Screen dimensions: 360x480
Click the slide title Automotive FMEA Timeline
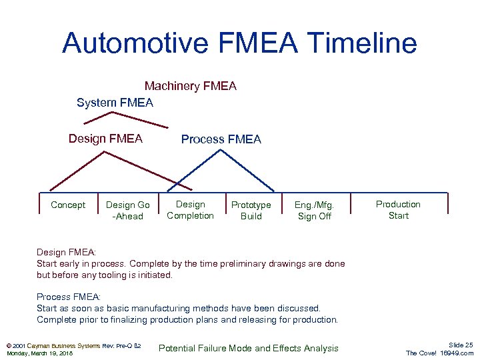[239, 43]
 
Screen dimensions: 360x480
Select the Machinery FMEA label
[190, 86]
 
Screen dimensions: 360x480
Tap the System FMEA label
[115, 103]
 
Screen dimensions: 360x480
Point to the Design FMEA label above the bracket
[105, 139]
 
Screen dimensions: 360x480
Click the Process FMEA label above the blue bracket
[221, 139]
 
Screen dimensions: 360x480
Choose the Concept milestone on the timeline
[68, 205]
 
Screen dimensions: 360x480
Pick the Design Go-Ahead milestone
[128, 210]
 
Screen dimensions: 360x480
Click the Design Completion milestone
[190, 210]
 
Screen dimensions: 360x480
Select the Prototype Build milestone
[251, 210]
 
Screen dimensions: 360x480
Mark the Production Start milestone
[398, 209]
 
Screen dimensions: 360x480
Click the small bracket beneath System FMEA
[107, 114]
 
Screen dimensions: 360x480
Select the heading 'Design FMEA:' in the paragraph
[66, 252]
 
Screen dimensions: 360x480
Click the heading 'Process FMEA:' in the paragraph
[68, 297]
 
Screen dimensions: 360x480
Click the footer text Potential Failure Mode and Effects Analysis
[248, 348]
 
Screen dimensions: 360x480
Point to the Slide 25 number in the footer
[461, 345]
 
